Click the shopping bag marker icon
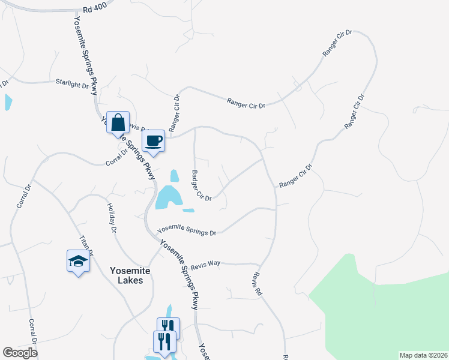[118, 122]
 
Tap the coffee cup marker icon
[153, 141]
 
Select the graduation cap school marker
[78, 262]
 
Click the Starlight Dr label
[72, 83]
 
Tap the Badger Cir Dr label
[201, 185]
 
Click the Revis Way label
[206, 265]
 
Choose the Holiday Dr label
[112, 217]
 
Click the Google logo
[20, 353]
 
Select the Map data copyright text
[423, 355]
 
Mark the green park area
[384, 312]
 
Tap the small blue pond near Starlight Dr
[8, 102]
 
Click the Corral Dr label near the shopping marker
[117, 157]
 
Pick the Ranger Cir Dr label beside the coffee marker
[175, 113]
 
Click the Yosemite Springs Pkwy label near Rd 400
[85, 54]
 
